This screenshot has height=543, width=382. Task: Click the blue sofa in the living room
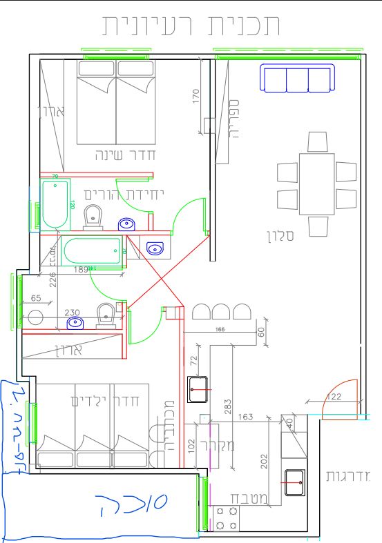pos(297,78)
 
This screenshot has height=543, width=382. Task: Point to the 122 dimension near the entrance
pos(334,397)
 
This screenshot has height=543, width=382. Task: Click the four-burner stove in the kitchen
pos(227,519)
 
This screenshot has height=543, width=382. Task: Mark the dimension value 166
pos(220,330)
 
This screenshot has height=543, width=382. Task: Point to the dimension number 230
pos(72,313)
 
